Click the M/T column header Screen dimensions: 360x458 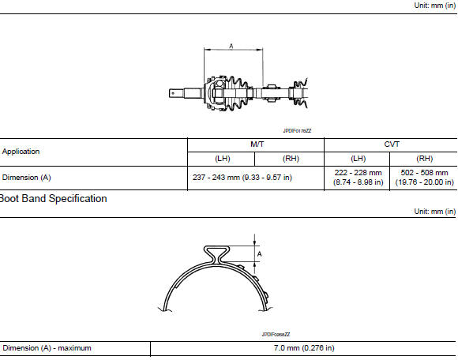click(x=257, y=144)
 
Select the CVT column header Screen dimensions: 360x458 click(x=391, y=144)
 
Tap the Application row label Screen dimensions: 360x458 click(x=21, y=151)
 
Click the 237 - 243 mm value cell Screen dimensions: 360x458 click(x=242, y=178)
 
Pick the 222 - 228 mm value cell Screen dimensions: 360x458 click(x=357, y=178)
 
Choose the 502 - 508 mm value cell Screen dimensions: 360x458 click(x=424, y=178)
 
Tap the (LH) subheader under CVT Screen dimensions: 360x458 click(x=357, y=158)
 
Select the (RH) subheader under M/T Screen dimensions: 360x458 click(x=291, y=158)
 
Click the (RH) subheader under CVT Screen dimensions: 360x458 click(x=424, y=158)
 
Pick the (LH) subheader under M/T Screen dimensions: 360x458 click(x=223, y=158)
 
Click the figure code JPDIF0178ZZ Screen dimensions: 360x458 click(x=298, y=131)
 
